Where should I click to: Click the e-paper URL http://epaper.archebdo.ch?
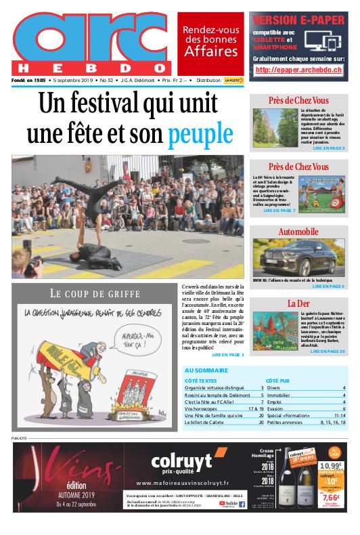pyautogui.click(x=298, y=70)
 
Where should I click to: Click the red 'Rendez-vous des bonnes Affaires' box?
pyautogui.click(x=210, y=41)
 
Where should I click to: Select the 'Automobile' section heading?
pyautogui.click(x=298, y=232)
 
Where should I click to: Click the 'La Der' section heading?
pyautogui.click(x=298, y=303)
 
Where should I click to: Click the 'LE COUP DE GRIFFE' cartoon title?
pyautogui.click(x=95, y=293)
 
